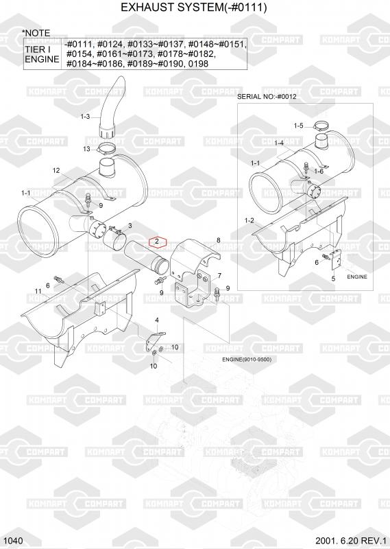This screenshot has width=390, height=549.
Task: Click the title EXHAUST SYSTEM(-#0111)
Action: (x=194, y=7)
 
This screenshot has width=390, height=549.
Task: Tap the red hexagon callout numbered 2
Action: (x=158, y=242)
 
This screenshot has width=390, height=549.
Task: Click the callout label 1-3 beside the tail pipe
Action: (x=86, y=117)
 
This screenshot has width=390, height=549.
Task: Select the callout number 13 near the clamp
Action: (x=87, y=149)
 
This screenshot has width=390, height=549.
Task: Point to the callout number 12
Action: (x=56, y=170)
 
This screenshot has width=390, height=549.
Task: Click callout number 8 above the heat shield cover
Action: (x=219, y=240)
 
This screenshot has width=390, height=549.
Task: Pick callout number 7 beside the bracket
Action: (x=219, y=276)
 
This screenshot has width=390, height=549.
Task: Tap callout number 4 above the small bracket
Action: (x=157, y=320)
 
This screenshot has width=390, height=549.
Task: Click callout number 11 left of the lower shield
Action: (x=38, y=291)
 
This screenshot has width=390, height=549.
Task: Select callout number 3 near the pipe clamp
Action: (x=130, y=225)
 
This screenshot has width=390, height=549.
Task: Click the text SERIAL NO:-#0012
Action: (x=267, y=97)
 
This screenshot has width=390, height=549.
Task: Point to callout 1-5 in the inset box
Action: (x=298, y=126)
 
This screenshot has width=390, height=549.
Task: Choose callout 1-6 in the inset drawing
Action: (x=319, y=171)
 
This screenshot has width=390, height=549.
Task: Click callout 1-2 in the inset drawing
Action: (x=249, y=220)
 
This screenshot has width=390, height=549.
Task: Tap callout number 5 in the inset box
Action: (x=333, y=279)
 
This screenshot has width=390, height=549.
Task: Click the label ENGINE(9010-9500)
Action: (x=247, y=359)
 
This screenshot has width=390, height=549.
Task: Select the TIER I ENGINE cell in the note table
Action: (x=42, y=54)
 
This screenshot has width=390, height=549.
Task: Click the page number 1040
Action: (x=14, y=541)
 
